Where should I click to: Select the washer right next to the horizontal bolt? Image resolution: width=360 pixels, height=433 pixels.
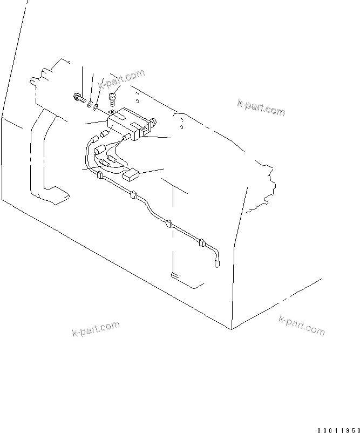click(x=90, y=103)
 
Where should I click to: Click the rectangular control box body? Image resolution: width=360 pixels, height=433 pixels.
click(x=127, y=123)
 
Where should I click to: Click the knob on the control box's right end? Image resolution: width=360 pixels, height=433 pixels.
click(x=153, y=125)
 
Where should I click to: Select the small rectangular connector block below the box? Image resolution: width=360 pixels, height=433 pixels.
click(x=131, y=174)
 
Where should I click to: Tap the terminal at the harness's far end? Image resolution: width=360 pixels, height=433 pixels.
click(x=218, y=263)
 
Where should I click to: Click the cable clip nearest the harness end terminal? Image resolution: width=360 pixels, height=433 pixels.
click(x=202, y=243)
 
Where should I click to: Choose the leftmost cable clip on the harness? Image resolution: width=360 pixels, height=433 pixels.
click(x=99, y=175)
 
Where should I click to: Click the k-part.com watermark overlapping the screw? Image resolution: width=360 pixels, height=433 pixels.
click(x=121, y=78)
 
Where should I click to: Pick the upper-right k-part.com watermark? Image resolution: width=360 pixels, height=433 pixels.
click(x=261, y=107)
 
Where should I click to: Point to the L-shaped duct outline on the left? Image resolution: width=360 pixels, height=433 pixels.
click(x=43, y=157)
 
